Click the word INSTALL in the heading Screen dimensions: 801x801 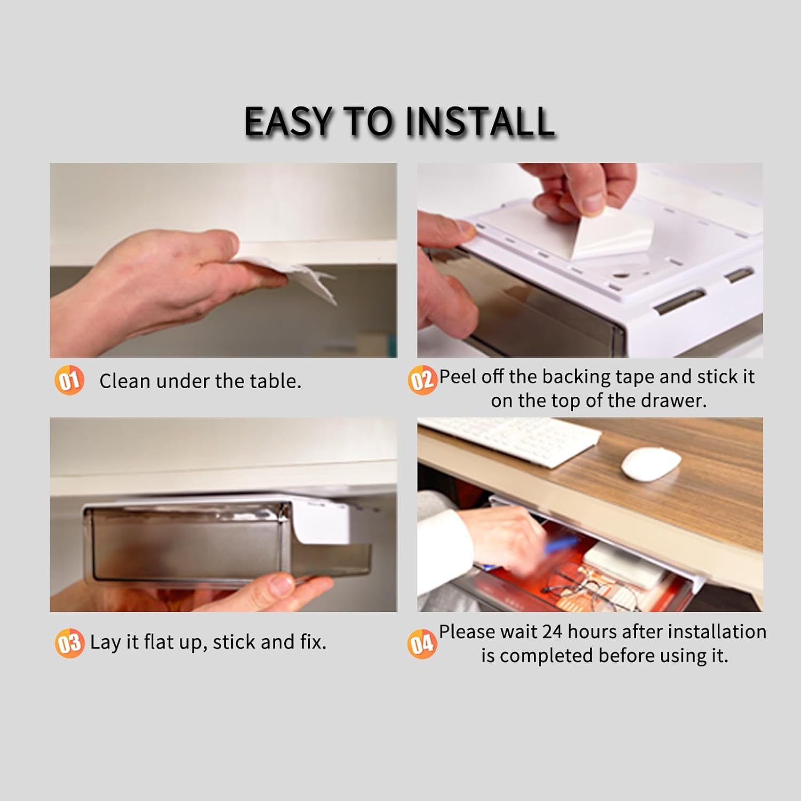480,122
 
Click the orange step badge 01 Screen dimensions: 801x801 69,381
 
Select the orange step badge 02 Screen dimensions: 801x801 422,381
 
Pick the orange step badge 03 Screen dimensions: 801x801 69,643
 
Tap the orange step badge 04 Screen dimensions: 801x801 422,643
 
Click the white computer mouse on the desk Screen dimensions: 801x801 651,462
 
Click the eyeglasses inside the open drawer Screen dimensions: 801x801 593,587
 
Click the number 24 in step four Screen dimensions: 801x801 552,632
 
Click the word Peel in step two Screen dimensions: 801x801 458,376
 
